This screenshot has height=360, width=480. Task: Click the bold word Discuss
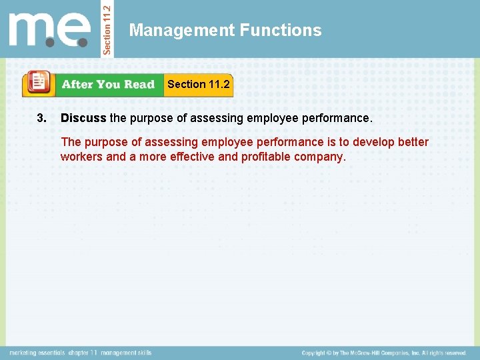point(83,119)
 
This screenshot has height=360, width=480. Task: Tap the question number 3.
point(42,119)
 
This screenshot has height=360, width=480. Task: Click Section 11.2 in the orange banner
point(198,84)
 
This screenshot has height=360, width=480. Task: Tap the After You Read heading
point(107,85)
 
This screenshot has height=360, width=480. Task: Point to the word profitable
point(265,157)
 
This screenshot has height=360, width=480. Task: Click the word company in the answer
point(320,157)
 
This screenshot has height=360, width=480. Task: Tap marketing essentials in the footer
point(37,353)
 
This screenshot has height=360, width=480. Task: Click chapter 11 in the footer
point(83,353)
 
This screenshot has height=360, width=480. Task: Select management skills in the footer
point(127,353)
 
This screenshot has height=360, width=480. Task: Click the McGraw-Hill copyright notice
point(383,353)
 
